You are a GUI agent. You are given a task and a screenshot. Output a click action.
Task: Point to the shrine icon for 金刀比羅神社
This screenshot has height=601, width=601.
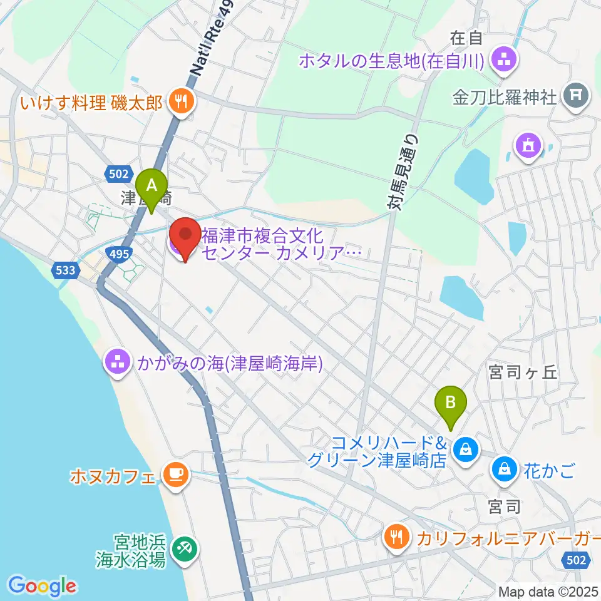pyautogui.click(x=575, y=96)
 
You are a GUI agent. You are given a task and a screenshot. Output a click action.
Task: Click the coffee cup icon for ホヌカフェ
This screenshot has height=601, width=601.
pyautogui.click(x=173, y=473)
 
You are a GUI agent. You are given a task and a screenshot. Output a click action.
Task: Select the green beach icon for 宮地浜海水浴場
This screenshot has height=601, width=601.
pyautogui.click(x=183, y=548)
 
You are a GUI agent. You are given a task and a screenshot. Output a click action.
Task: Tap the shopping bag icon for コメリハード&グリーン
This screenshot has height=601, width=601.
pyautogui.click(x=466, y=448)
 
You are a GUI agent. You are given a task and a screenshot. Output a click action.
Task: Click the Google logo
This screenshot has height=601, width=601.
pyautogui.click(x=43, y=586)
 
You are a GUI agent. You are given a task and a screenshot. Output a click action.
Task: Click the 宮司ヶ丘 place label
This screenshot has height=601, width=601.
pyautogui.click(x=523, y=373)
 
